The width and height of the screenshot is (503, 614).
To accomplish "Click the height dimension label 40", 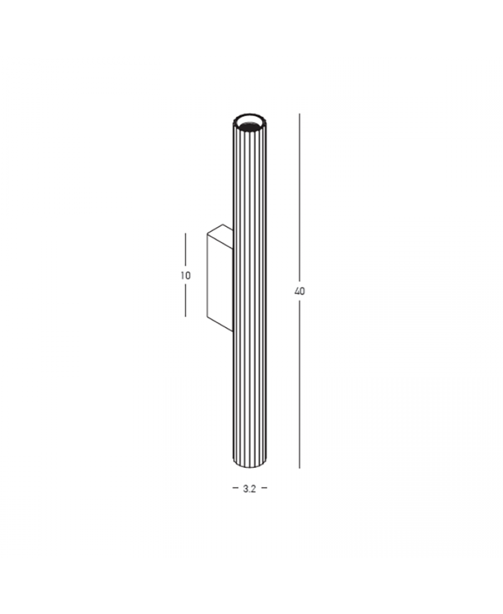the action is click(x=300, y=291).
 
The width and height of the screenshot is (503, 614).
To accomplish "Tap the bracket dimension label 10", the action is click(x=186, y=276).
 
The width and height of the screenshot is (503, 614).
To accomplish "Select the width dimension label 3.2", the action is click(x=249, y=489).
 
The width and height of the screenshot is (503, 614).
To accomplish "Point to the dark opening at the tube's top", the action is click(x=249, y=124).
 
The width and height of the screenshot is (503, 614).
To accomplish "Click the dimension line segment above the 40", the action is click(x=300, y=199).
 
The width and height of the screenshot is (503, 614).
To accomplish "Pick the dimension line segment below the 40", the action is click(x=300, y=383).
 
